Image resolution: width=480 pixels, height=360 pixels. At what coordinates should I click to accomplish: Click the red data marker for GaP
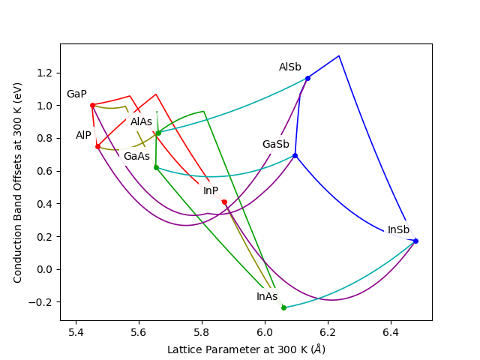(92, 105)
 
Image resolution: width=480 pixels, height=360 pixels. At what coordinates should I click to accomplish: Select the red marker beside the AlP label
(97, 146)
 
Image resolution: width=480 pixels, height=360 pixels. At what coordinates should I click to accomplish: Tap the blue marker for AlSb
(307, 78)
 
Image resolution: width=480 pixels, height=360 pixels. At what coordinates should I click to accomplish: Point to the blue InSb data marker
(415, 241)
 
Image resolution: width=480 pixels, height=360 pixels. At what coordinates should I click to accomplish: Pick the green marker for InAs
(283, 307)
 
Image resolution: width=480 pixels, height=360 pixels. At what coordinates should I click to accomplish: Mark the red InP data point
(224, 202)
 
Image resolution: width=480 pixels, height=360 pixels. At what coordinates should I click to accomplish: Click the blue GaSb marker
(295, 155)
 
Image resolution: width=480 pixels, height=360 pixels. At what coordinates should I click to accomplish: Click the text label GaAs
(136, 157)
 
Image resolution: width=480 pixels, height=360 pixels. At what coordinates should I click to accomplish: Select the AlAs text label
(141, 122)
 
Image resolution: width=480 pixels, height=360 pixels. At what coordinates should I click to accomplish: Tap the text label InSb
(398, 230)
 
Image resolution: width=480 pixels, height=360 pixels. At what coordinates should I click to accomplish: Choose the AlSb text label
(290, 67)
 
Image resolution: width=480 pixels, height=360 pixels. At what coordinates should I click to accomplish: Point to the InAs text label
(267, 297)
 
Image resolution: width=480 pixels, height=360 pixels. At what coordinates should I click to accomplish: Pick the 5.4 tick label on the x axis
(76, 332)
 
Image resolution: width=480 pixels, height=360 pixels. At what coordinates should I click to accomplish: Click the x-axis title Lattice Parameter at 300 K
(246, 349)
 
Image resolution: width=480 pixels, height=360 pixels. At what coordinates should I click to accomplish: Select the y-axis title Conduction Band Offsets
(18, 182)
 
